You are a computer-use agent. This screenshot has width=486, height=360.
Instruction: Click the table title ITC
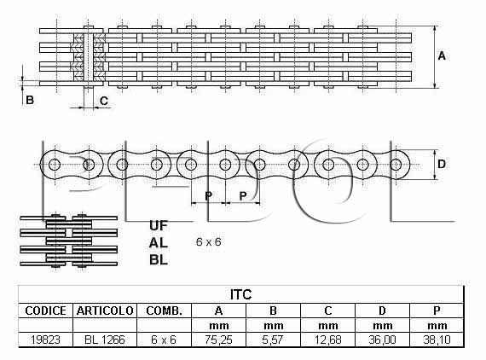point(240,294)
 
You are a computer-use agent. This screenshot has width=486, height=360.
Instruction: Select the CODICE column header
point(45,311)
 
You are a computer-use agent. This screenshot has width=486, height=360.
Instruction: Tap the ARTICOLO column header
point(105,311)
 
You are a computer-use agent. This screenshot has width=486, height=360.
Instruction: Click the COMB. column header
point(164,311)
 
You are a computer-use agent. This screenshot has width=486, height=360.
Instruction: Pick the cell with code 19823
point(45,340)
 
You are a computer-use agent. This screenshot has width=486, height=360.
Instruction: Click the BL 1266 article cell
point(105,340)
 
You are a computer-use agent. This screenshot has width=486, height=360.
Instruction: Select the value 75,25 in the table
point(218,340)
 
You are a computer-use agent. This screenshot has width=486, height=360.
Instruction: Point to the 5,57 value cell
point(273,340)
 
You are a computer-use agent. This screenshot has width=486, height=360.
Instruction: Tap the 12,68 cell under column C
point(327,340)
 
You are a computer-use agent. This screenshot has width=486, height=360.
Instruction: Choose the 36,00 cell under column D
point(382,340)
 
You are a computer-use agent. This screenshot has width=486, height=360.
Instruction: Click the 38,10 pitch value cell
point(437,340)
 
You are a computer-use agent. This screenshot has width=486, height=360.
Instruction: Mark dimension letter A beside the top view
point(442,55)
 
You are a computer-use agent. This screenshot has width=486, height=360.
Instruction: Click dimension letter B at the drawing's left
point(30,100)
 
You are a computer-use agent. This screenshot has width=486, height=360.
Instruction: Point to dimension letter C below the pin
point(104,101)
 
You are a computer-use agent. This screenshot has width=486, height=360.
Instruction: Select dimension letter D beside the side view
point(442,164)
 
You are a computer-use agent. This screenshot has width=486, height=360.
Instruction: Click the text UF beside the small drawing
point(159,226)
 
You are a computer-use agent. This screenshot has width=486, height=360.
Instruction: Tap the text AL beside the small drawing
point(159,243)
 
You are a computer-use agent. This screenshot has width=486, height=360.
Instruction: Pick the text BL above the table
point(159,260)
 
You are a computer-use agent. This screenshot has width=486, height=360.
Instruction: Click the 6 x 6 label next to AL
point(209,242)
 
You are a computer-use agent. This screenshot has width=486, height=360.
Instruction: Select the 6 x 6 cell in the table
point(164,340)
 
